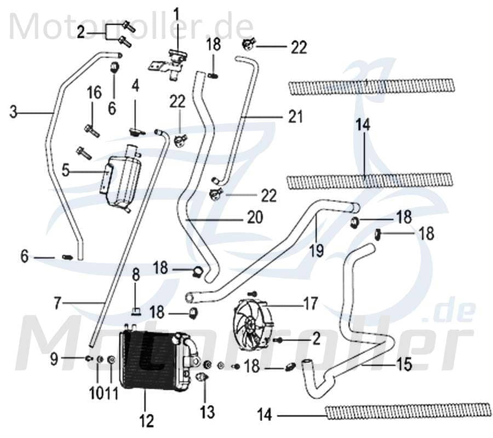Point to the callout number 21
pos(295,117)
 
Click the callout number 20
pos(255,218)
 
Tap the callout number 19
pos(317,250)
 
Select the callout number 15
pos(404,364)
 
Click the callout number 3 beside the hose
pos(14,113)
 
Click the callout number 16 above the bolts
pos(94,93)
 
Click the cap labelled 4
pos(136,131)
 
